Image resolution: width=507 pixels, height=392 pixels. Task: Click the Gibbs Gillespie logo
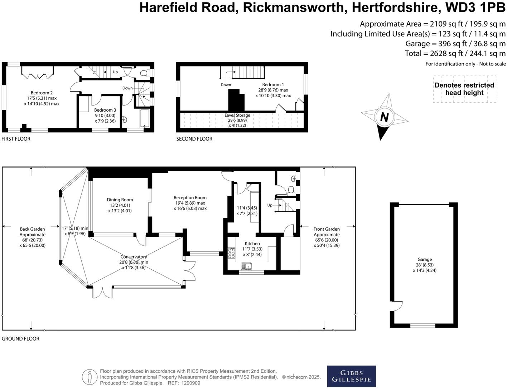coord(351,376)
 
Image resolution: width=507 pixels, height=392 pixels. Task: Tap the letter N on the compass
coord(384,117)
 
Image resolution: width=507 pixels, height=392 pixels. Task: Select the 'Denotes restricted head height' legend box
coord(464,89)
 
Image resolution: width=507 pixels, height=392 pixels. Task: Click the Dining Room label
coord(120,200)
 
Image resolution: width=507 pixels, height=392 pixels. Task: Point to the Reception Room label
coord(190,197)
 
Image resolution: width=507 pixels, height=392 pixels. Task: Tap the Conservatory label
coord(134,257)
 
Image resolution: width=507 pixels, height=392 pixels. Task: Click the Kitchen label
coord(252,244)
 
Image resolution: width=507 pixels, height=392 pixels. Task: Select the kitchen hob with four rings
coord(231,254)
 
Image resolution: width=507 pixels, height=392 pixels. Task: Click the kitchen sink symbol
coord(246,266)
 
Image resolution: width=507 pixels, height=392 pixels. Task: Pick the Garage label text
coord(424,260)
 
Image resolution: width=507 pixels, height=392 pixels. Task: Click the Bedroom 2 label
coord(42,93)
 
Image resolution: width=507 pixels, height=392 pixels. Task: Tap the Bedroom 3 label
coord(105,110)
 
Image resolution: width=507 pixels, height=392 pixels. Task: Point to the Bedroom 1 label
coord(273,85)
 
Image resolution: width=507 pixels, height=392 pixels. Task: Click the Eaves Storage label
coord(237,116)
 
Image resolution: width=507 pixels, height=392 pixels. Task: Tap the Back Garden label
coord(32,229)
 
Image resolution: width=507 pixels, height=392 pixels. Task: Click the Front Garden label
coord(327,229)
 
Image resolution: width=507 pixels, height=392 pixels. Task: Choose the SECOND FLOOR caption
coord(194,139)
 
